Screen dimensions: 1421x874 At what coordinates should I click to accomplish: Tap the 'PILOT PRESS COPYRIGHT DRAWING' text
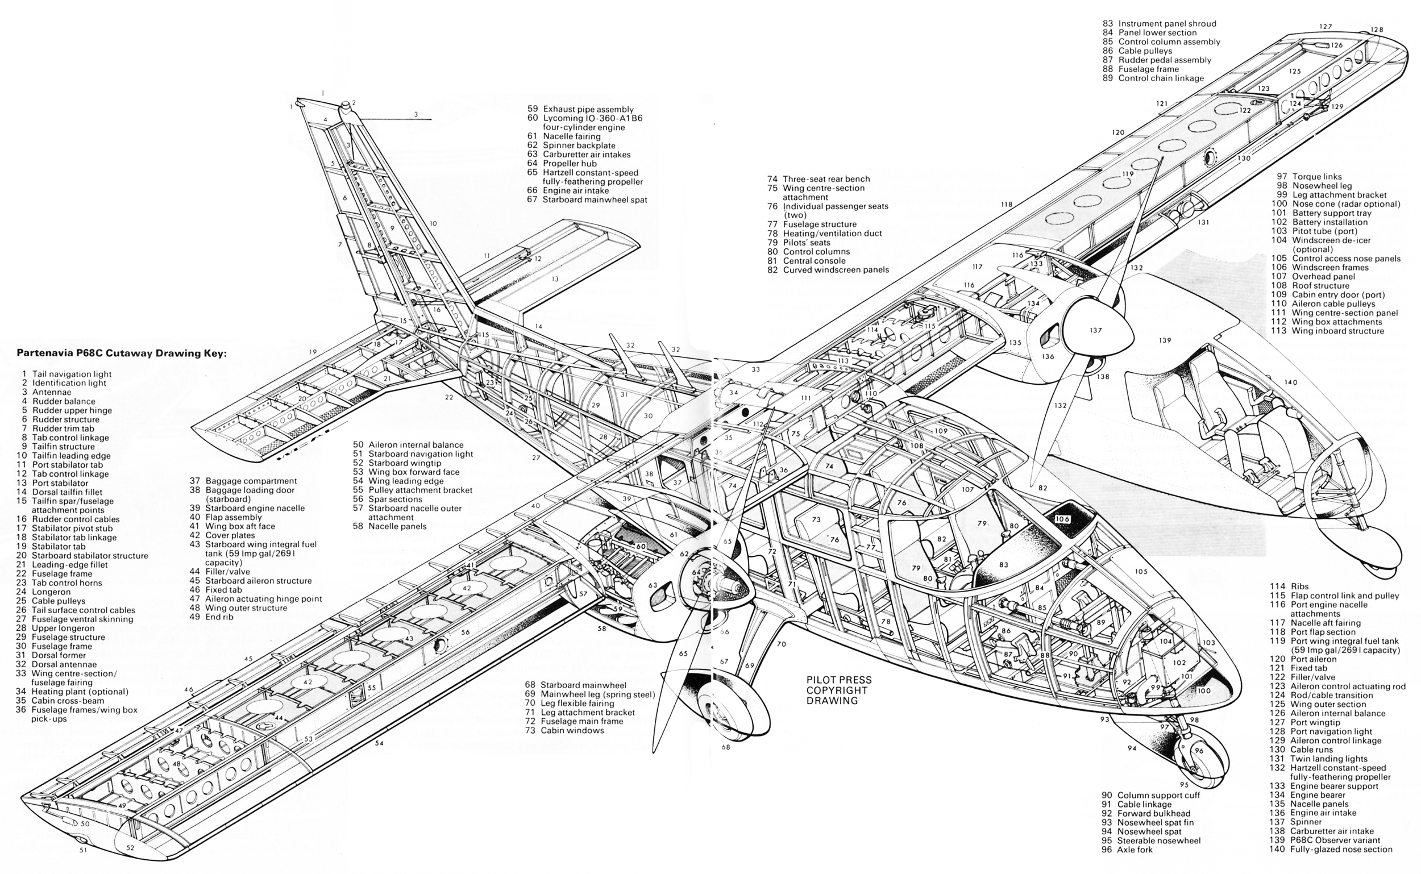838,690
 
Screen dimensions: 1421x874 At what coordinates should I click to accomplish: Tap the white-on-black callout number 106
1062,519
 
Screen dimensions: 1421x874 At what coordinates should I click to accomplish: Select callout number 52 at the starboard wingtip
130,848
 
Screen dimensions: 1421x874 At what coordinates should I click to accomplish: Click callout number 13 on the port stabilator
555,279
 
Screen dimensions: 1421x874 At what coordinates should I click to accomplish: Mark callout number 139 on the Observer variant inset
1165,340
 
